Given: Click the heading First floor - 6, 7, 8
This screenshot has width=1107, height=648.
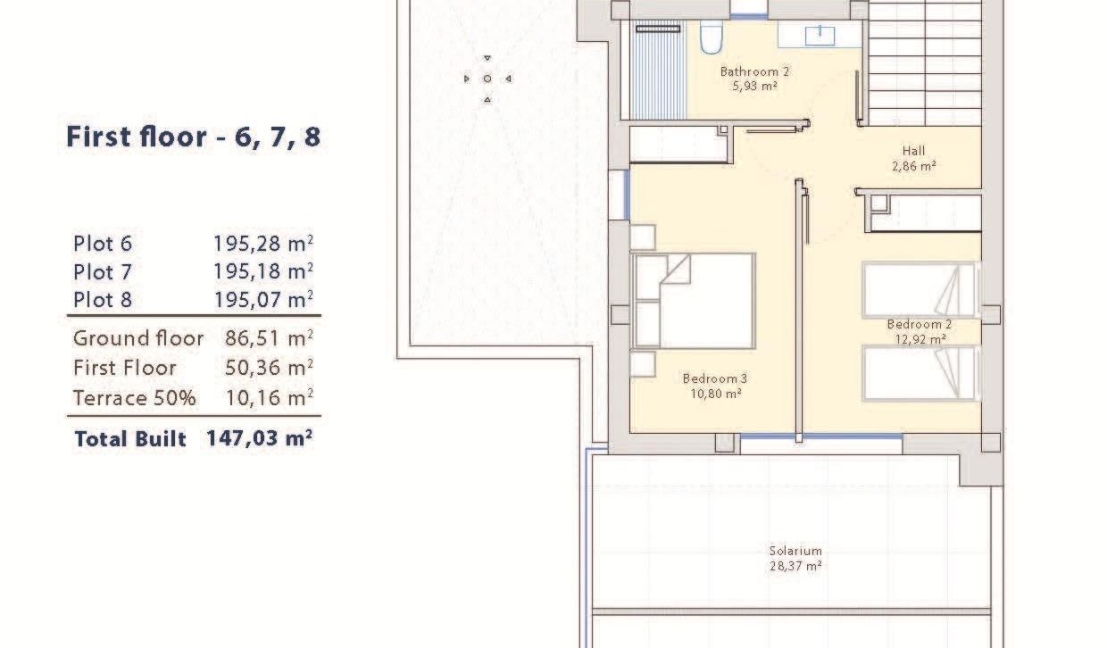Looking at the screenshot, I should [x=193, y=137].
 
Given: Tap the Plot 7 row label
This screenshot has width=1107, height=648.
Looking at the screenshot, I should [x=103, y=271].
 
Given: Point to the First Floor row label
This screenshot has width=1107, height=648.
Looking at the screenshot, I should [x=124, y=368].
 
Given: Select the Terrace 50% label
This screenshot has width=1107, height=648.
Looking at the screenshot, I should [x=134, y=398].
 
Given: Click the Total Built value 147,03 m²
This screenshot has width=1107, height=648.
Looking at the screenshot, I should [x=259, y=439].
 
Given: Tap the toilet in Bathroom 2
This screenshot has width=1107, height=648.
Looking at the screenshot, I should [x=711, y=38].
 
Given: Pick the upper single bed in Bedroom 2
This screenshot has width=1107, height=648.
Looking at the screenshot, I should [x=920, y=289].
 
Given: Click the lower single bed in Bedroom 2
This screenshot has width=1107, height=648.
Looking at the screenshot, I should [x=920, y=373].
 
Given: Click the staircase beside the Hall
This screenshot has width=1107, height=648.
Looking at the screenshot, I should [x=924, y=62].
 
